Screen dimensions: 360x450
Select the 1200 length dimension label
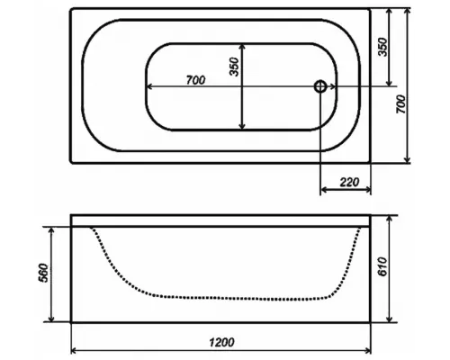tap(222, 342)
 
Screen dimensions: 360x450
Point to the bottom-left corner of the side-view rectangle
tap(70, 321)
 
